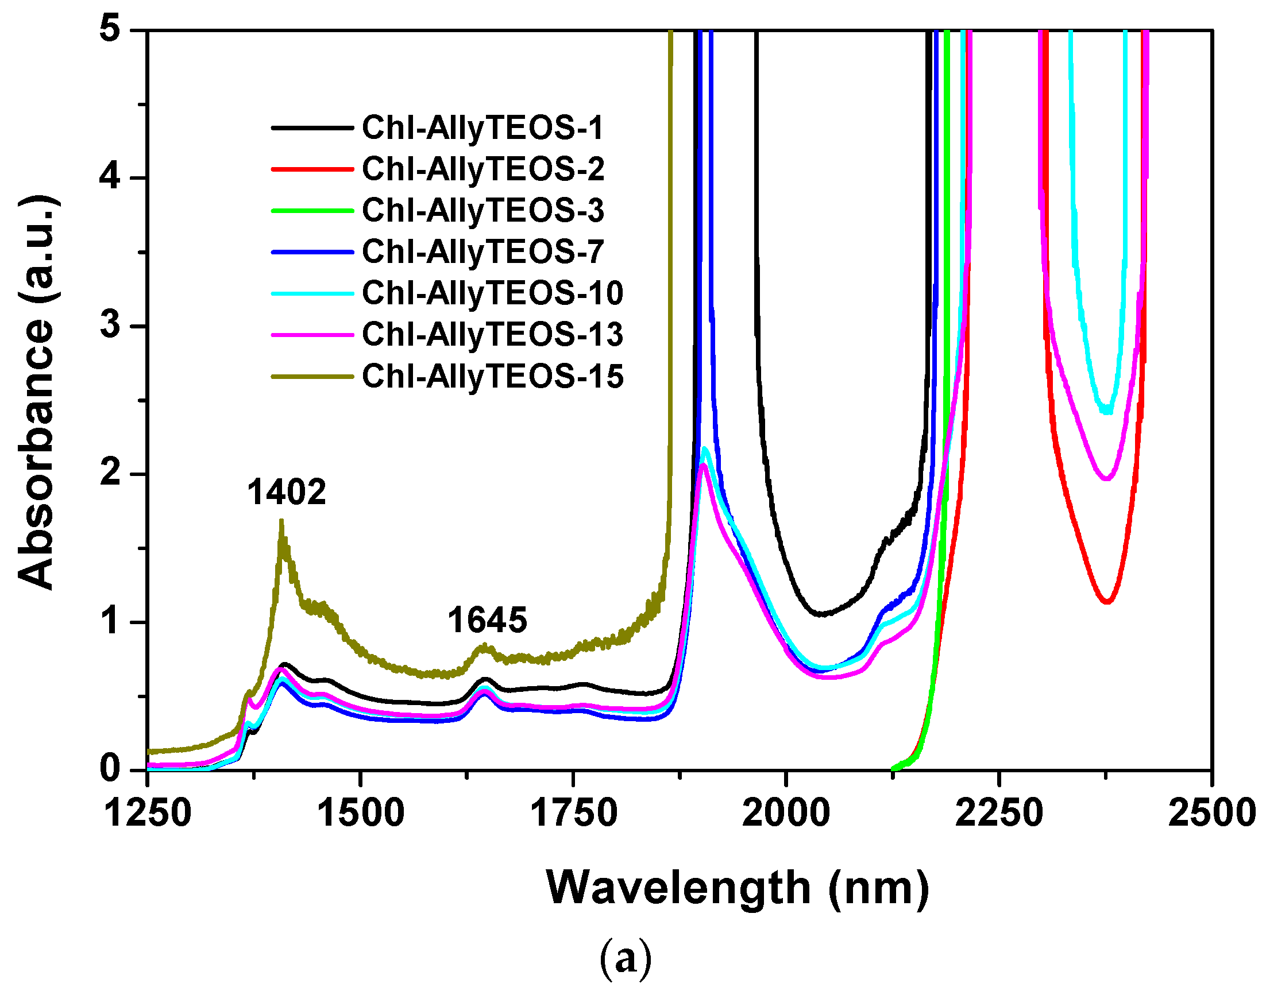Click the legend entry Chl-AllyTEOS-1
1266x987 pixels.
point(483,127)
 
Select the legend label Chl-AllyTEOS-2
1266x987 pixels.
point(483,169)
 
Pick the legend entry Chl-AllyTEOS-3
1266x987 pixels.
point(483,210)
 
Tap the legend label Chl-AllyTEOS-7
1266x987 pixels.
point(483,251)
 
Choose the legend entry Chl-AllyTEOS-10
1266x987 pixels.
point(492,293)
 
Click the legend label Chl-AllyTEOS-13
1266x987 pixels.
point(492,334)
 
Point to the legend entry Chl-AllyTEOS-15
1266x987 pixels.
point(492,376)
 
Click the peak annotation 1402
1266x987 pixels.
point(287,493)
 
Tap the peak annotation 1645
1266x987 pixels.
point(487,620)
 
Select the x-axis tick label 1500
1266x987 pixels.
point(361,812)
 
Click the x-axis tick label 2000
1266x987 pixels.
point(785,812)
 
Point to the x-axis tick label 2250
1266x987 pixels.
point(999,812)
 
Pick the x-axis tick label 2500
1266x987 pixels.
point(1211,812)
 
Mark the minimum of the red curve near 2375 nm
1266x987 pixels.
point(1107,602)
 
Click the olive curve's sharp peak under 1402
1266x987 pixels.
point(281,521)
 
